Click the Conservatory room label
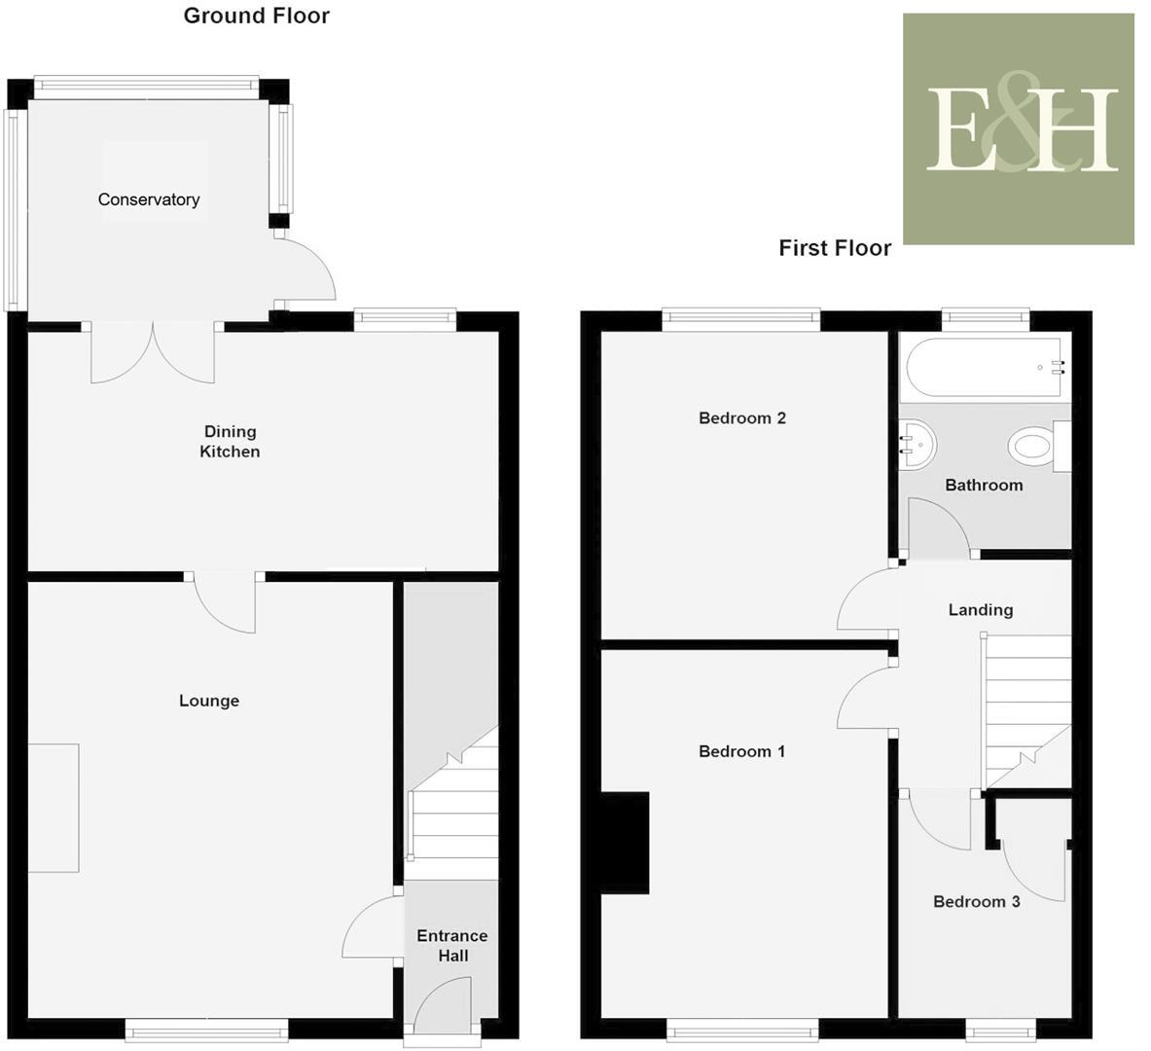(149, 199)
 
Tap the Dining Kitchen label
(230, 442)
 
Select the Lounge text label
(209, 701)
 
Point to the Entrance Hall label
(452, 946)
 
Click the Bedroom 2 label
(742, 418)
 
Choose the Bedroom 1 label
(742, 751)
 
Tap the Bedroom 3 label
(976, 901)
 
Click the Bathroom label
(984, 485)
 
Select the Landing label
(981, 610)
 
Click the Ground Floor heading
(257, 16)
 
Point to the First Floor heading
(835, 248)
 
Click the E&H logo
(1019, 128)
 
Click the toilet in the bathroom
(1034, 448)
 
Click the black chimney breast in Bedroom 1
(625, 842)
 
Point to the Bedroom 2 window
(741, 315)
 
